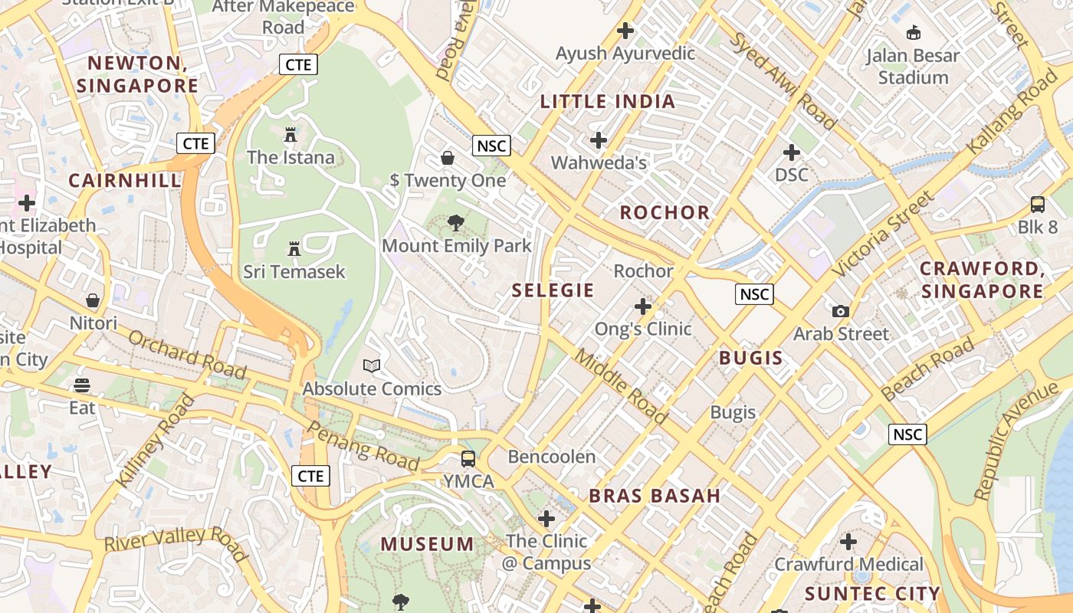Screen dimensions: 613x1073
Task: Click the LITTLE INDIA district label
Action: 608,101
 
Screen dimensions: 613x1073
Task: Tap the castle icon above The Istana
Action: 290,135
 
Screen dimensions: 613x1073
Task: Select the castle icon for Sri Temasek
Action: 294,249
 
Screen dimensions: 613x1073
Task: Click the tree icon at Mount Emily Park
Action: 456,223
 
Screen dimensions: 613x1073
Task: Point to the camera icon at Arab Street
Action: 841,311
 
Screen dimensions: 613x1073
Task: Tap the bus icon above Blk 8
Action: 1037,205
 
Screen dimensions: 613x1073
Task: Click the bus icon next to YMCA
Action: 468,459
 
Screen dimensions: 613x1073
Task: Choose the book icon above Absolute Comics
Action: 372,366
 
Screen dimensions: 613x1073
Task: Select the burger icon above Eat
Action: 82,385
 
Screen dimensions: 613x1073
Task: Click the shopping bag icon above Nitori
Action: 93,300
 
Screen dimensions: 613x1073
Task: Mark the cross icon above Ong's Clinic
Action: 642,307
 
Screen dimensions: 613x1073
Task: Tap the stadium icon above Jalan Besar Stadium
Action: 913,33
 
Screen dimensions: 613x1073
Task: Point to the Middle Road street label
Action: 621,386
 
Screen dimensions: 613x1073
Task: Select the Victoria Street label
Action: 884,234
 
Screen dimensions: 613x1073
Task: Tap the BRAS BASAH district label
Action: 655,496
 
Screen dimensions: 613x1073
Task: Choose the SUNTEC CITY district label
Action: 872,594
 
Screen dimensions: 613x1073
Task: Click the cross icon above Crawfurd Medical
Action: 848,543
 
